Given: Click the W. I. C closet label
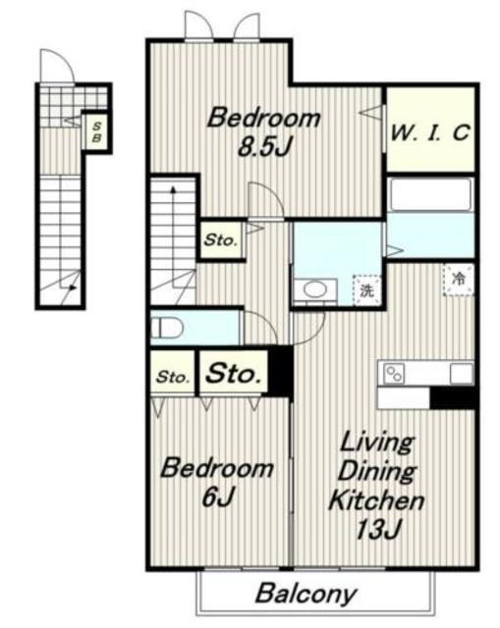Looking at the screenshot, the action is click(430, 132).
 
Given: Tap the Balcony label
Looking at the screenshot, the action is click(306, 594).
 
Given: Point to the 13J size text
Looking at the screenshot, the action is click(378, 530).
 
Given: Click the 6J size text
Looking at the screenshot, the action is click(218, 497).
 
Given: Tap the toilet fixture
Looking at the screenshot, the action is click(167, 328).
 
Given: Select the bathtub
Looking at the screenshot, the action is click(430, 194).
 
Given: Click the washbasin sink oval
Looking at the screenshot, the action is click(314, 289).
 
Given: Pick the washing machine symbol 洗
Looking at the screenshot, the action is click(366, 290).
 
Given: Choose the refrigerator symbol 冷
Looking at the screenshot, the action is click(459, 280).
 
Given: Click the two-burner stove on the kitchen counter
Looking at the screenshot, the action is click(394, 374).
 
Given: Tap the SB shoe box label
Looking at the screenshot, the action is click(96, 132).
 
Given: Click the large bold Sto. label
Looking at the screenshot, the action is click(234, 374).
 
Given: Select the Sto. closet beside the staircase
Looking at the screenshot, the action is click(220, 239).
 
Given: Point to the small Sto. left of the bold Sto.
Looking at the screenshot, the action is click(173, 377).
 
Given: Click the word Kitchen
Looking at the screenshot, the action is click(376, 500).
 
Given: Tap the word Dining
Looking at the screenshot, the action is click(377, 472).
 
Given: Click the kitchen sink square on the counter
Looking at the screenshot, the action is click(461, 374).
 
